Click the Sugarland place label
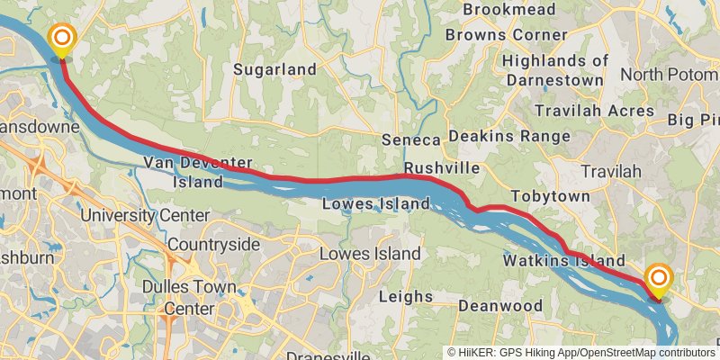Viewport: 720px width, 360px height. tap(274, 69)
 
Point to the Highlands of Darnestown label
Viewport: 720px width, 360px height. tap(555, 69)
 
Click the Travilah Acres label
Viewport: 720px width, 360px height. tap(607, 111)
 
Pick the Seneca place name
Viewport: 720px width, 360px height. tap(410, 140)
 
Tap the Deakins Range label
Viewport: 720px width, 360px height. tap(509, 137)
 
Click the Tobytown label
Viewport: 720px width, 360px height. tap(550, 196)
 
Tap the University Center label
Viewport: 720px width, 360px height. tap(144, 216)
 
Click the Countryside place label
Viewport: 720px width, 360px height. tap(213, 245)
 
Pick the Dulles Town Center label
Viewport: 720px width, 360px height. tap(189, 298)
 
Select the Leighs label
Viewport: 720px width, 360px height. tap(405, 296)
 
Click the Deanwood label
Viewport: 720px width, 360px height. tap(499, 306)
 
